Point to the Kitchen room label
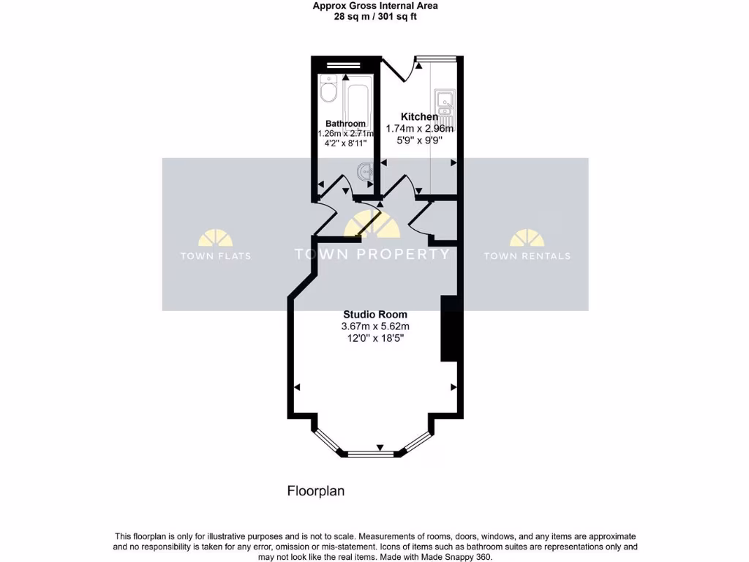(419, 116)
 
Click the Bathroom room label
(345, 124)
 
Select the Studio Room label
(374, 314)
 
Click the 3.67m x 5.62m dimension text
(374, 326)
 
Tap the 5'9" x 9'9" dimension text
(419, 140)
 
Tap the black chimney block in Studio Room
(448, 329)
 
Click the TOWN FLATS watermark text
(215, 256)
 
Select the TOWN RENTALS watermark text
(527, 256)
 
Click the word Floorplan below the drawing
(315, 491)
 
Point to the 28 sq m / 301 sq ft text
(375, 16)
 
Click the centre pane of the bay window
(371, 454)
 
